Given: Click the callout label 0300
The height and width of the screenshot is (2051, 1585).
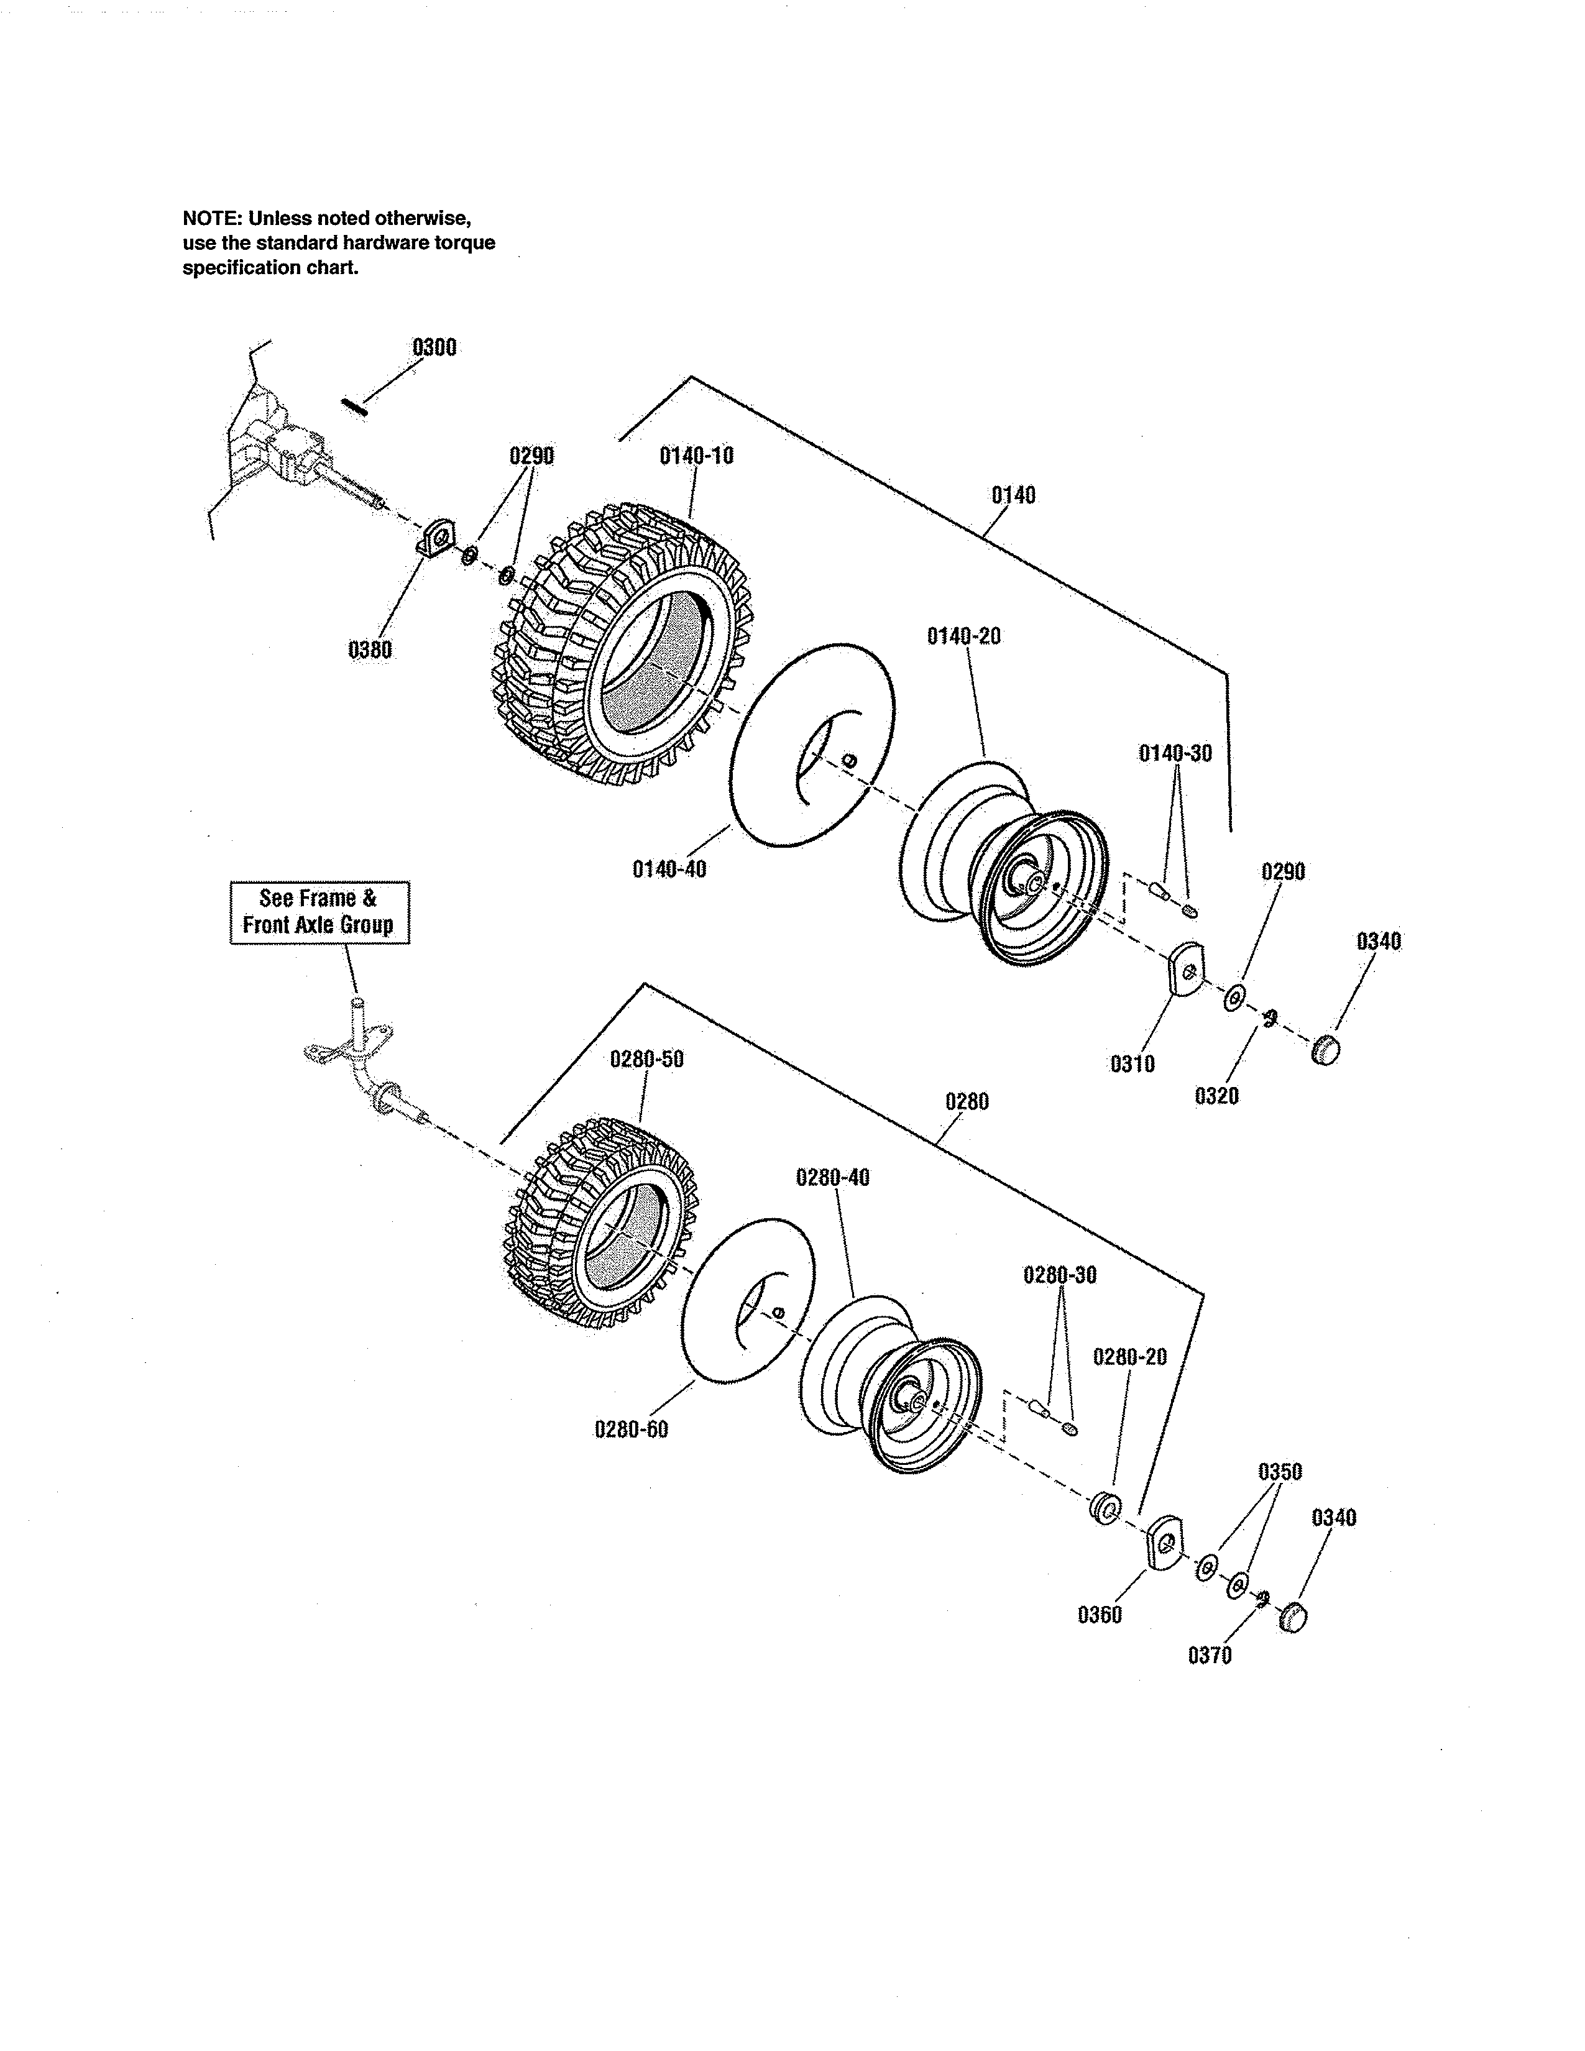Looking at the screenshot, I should click(434, 347).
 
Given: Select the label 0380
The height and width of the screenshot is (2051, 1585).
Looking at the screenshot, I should click(370, 650).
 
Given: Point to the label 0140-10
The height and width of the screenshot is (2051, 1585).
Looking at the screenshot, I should click(696, 456).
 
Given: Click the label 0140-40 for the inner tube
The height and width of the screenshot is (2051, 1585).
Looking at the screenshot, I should click(669, 869).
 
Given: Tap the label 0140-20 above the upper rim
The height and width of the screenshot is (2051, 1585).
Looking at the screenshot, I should click(963, 636).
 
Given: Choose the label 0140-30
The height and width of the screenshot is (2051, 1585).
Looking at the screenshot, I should click(1175, 753).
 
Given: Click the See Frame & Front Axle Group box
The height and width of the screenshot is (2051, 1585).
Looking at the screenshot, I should click(319, 912).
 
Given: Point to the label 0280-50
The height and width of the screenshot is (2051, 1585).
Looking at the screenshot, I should click(647, 1059).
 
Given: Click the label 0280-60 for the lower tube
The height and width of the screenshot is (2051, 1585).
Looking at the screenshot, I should click(631, 1429).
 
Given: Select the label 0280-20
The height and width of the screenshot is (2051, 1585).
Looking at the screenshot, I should click(1129, 1357).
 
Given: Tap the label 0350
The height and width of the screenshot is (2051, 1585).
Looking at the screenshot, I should click(1280, 1472).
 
